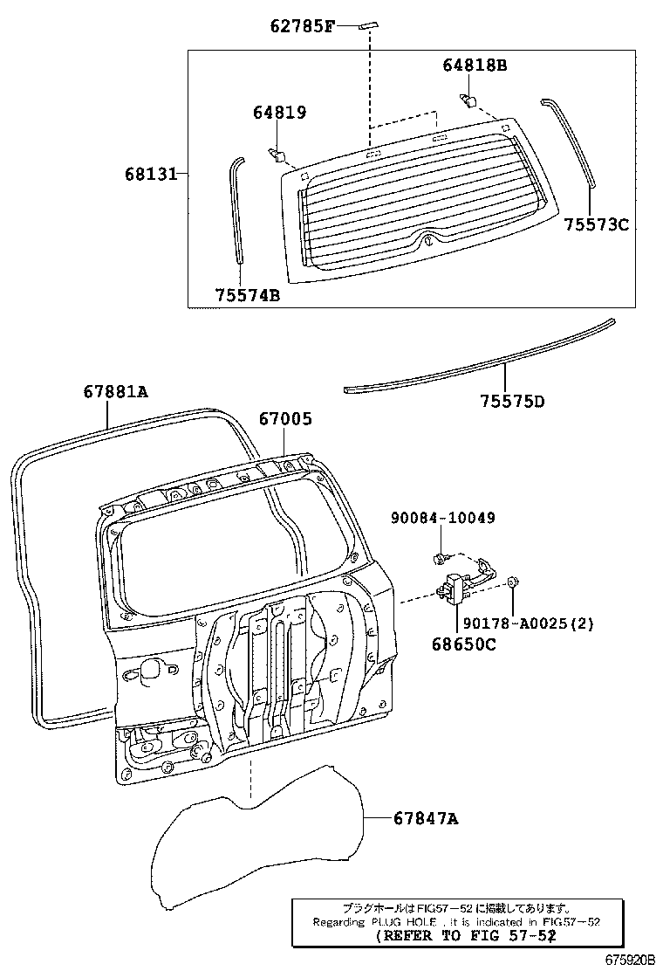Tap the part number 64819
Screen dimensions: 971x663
click(x=280, y=112)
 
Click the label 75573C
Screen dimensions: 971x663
click(x=596, y=224)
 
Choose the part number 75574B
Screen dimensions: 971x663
click(x=248, y=295)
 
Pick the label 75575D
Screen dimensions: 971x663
click(x=512, y=402)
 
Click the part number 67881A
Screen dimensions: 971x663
click(x=116, y=392)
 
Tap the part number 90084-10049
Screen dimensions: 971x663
click(x=443, y=518)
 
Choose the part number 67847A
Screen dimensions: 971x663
click(x=425, y=818)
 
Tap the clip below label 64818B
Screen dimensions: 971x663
click(x=468, y=99)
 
